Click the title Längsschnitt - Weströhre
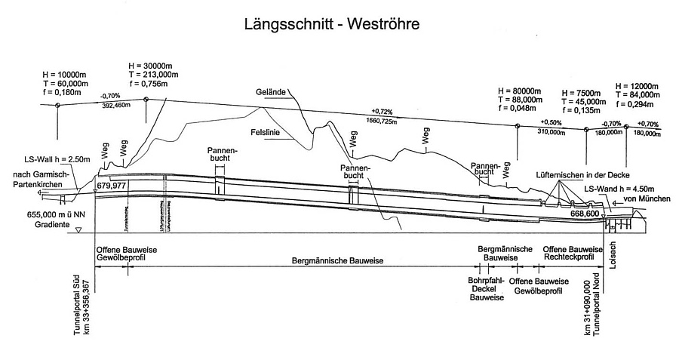(x=331, y=24)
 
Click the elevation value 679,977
(x=111, y=185)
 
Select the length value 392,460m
(x=110, y=106)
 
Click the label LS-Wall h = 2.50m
(x=57, y=159)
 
